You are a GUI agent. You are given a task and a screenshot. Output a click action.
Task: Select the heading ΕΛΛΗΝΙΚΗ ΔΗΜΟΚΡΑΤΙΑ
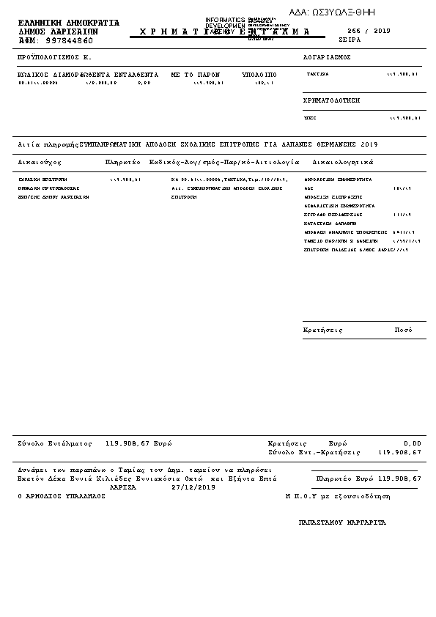(68, 23)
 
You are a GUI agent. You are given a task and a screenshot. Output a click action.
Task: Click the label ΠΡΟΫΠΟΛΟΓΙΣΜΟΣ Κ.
(54, 56)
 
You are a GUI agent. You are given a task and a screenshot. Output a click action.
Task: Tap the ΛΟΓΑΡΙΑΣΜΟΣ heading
(327, 56)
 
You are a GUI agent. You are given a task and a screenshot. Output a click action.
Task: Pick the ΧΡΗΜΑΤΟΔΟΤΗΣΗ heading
(331, 100)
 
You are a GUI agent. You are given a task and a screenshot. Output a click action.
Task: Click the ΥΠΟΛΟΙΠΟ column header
(259, 75)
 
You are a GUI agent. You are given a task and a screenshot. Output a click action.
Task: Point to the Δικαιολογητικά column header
(342, 161)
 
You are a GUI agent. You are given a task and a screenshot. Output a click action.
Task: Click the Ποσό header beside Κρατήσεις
(404, 330)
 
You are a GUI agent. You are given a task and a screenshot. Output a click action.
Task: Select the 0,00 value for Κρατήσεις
(413, 443)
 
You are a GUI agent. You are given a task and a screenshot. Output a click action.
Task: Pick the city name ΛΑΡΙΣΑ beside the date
(123, 487)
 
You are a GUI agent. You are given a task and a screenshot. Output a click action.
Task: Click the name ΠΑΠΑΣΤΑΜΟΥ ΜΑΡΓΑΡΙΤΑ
(342, 522)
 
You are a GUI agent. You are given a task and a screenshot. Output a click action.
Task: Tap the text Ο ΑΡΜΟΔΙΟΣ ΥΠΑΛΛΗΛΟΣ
(62, 496)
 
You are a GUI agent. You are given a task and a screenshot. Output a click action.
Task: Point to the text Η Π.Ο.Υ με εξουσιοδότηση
(338, 496)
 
